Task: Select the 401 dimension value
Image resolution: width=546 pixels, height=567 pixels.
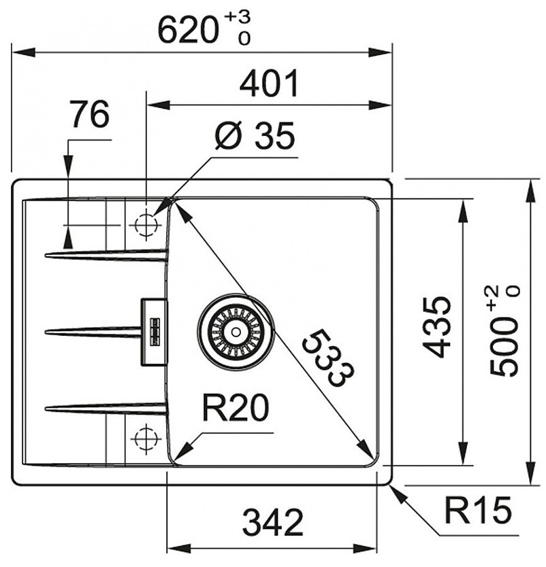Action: pos(270,84)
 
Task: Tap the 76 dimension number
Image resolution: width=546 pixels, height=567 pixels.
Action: pos(90,114)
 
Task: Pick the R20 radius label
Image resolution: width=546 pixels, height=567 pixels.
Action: pos(236,408)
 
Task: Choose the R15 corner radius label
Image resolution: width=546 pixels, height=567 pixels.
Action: pos(477,510)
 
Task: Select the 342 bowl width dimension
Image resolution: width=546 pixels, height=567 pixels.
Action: pos(272,523)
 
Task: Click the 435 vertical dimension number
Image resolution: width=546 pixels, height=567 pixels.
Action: pos(437,327)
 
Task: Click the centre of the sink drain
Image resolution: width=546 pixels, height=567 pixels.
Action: pos(236,331)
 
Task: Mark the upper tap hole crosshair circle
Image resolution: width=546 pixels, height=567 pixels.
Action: pos(146,224)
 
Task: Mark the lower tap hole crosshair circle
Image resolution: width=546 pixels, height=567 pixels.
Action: pos(146,439)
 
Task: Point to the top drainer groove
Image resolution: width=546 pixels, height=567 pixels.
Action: pos(105,255)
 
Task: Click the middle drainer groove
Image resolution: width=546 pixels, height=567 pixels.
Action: pos(93,331)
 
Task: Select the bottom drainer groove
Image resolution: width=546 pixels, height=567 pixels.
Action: pos(105,409)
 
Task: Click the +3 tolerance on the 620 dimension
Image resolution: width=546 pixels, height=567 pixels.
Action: pos(237,16)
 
